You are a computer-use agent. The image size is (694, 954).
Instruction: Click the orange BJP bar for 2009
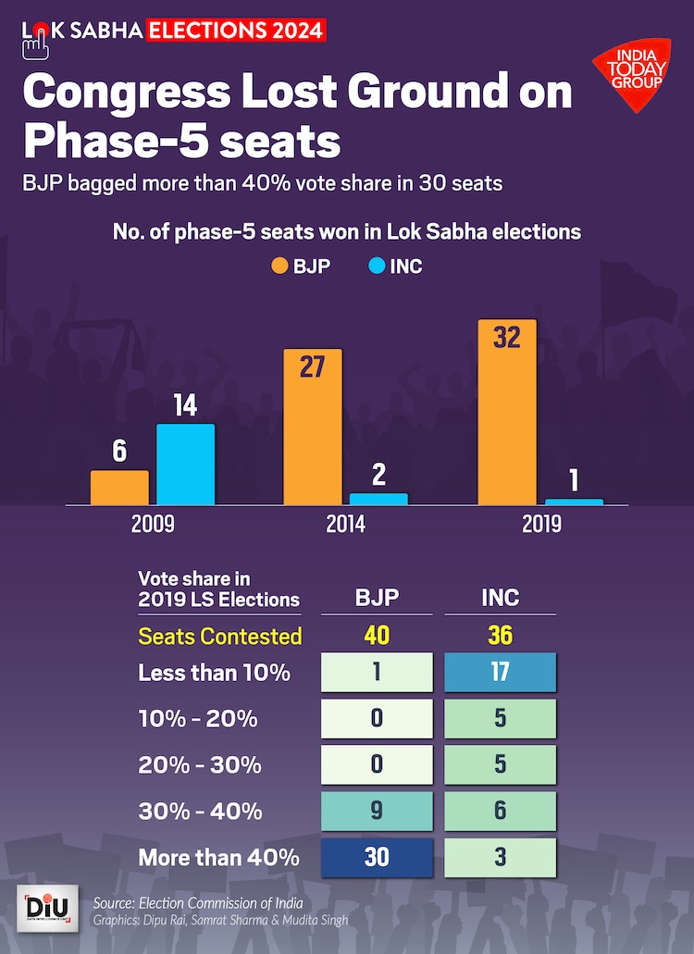(x=119, y=487)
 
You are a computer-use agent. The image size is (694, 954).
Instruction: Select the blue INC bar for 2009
(x=185, y=464)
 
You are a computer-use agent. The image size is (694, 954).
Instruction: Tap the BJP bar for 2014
(x=313, y=427)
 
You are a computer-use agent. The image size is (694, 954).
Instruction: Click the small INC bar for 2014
(x=378, y=499)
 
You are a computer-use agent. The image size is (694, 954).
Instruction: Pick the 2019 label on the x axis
(x=541, y=525)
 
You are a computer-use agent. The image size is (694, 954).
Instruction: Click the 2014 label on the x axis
(x=345, y=525)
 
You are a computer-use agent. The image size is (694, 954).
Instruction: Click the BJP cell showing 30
(x=377, y=857)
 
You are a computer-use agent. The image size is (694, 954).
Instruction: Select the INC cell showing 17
(x=501, y=672)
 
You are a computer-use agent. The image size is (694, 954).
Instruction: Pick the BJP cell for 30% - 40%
(x=377, y=811)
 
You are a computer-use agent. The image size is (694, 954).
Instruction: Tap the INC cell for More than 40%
(x=501, y=857)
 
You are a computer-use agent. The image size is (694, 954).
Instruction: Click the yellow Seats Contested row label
(x=220, y=637)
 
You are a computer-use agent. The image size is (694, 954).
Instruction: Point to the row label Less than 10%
(x=214, y=673)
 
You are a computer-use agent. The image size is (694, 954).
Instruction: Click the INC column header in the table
(x=501, y=598)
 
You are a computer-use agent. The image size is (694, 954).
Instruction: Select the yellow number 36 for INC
(x=501, y=637)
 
